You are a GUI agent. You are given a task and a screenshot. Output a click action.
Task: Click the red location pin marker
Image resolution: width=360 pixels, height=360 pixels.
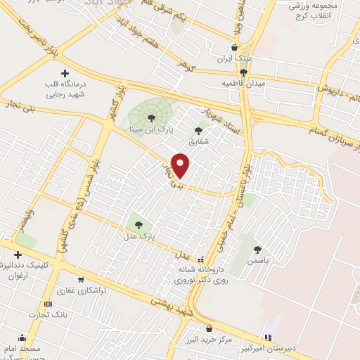[181, 165]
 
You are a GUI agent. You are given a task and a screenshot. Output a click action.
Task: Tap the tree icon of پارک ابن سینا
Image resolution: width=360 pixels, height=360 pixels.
[151, 117]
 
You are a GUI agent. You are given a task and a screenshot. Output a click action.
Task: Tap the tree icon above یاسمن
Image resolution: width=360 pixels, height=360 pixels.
[258, 249]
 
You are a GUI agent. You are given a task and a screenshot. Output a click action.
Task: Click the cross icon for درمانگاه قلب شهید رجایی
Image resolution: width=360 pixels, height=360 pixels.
[65, 73]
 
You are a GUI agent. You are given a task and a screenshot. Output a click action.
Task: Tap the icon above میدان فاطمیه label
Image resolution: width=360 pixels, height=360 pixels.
[244, 72]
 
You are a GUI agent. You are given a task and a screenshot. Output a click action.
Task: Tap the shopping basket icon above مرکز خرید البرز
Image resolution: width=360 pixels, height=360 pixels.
[209, 328]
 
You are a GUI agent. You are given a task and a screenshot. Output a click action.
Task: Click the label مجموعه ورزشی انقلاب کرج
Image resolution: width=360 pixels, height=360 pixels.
[317, 11]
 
